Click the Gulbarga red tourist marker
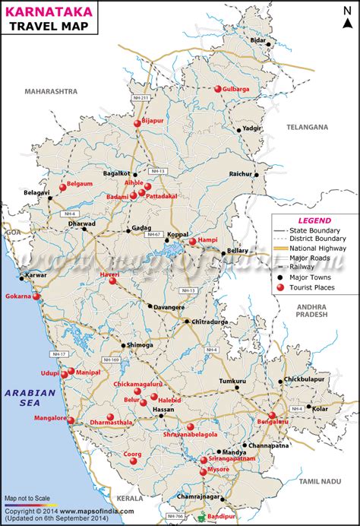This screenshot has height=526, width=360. [218, 89]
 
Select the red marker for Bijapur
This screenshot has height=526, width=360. [137, 122]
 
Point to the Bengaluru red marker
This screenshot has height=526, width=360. [272, 415]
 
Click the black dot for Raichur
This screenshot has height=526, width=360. [257, 174]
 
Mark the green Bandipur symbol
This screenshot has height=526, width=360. [201, 518]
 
